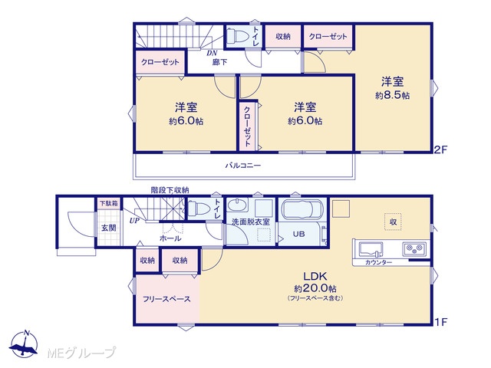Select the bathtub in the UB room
pyautogui.click(x=302, y=209)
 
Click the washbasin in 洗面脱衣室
pyautogui.click(x=237, y=205)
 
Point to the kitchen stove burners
pyautogui.click(x=414, y=249)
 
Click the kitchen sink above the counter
pyautogui.click(x=371, y=249)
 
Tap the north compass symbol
pyautogui.click(x=24, y=343)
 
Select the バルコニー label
pyautogui.click(x=243, y=166)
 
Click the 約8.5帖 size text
pyautogui.click(x=392, y=95)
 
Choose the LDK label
pyautogui.click(x=315, y=276)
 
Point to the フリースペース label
pyautogui.click(x=166, y=299)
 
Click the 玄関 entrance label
pyautogui.click(x=109, y=228)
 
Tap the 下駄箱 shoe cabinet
pyautogui.click(x=109, y=203)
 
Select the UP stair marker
pyautogui.click(x=134, y=221)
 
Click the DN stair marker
pyautogui.click(x=212, y=53)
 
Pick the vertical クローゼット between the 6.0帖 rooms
pyautogui.click(x=247, y=126)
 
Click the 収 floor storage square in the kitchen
pyautogui.click(x=393, y=222)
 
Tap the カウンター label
pyautogui.click(x=378, y=262)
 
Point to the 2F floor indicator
pyautogui.click(x=440, y=150)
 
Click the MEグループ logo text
pyautogui.click(x=81, y=353)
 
